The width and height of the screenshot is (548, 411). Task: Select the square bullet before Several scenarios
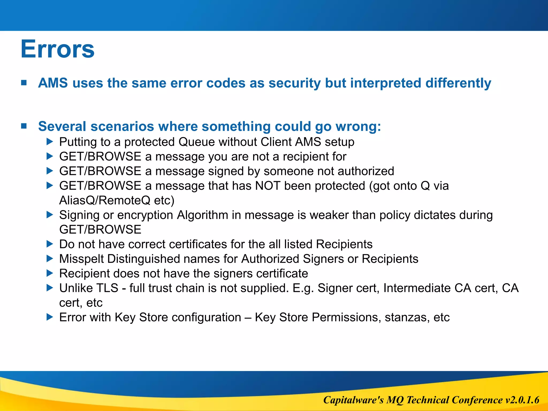pyautogui.click(x=24, y=126)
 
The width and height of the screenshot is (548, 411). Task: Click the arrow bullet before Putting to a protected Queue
pyautogui.click(x=50, y=142)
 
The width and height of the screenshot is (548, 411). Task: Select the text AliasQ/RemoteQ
pyautogui.click(x=105, y=200)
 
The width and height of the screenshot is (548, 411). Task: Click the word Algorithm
pyautogui.click(x=202, y=215)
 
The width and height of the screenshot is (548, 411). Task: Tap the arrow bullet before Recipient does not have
pyautogui.click(x=50, y=273)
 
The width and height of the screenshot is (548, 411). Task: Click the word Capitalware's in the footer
pyautogui.click(x=353, y=400)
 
